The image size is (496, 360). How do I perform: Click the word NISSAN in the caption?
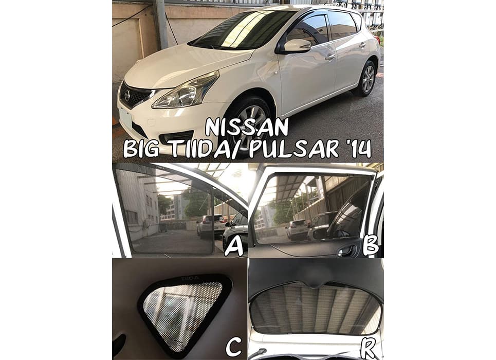[x=247, y=127]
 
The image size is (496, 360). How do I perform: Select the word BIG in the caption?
[x=141, y=149]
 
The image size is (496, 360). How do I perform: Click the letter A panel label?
[x=234, y=247]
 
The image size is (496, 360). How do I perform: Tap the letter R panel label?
[x=369, y=348]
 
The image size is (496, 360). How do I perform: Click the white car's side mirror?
[x=296, y=46]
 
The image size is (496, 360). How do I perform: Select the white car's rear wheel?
[x=367, y=79]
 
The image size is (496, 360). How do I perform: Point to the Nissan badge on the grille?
[x=127, y=95]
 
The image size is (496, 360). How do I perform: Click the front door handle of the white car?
[x=329, y=57]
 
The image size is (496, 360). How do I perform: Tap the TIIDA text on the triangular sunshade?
[x=190, y=278]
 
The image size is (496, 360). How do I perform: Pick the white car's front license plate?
[x=125, y=118]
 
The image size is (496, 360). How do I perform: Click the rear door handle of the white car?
[x=362, y=45]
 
